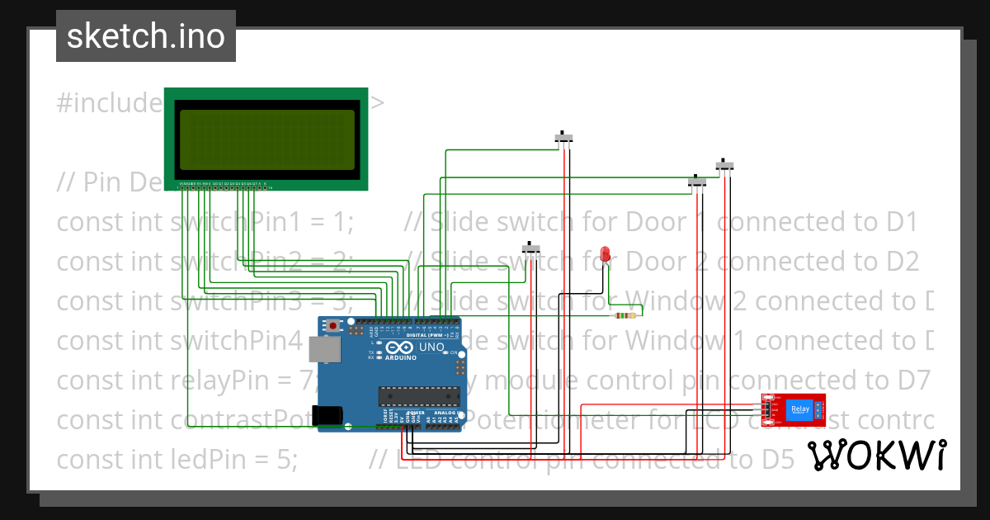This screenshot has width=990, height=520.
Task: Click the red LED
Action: pyautogui.click(x=606, y=254)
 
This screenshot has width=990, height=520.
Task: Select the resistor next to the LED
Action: pyautogui.click(x=625, y=314)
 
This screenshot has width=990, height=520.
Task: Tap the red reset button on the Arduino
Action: pyautogui.click(x=332, y=326)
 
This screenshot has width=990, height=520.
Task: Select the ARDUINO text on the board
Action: pyautogui.click(x=400, y=358)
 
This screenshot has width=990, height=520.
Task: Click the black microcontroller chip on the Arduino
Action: pyautogui.click(x=417, y=396)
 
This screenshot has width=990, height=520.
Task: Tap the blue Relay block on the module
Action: pyautogui.click(x=799, y=409)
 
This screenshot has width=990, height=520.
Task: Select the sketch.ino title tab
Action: pyautogui.click(x=146, y=36)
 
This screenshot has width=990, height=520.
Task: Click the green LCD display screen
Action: pyautogui.click(x=267, y=140)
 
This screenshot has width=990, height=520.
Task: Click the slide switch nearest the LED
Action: pyautogui.click(x=532, y=248)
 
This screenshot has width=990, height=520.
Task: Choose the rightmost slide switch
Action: pyautogui.click(x=724, y=165)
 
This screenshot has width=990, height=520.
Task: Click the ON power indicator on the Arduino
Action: pyautogui.click(x=455, y=352)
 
